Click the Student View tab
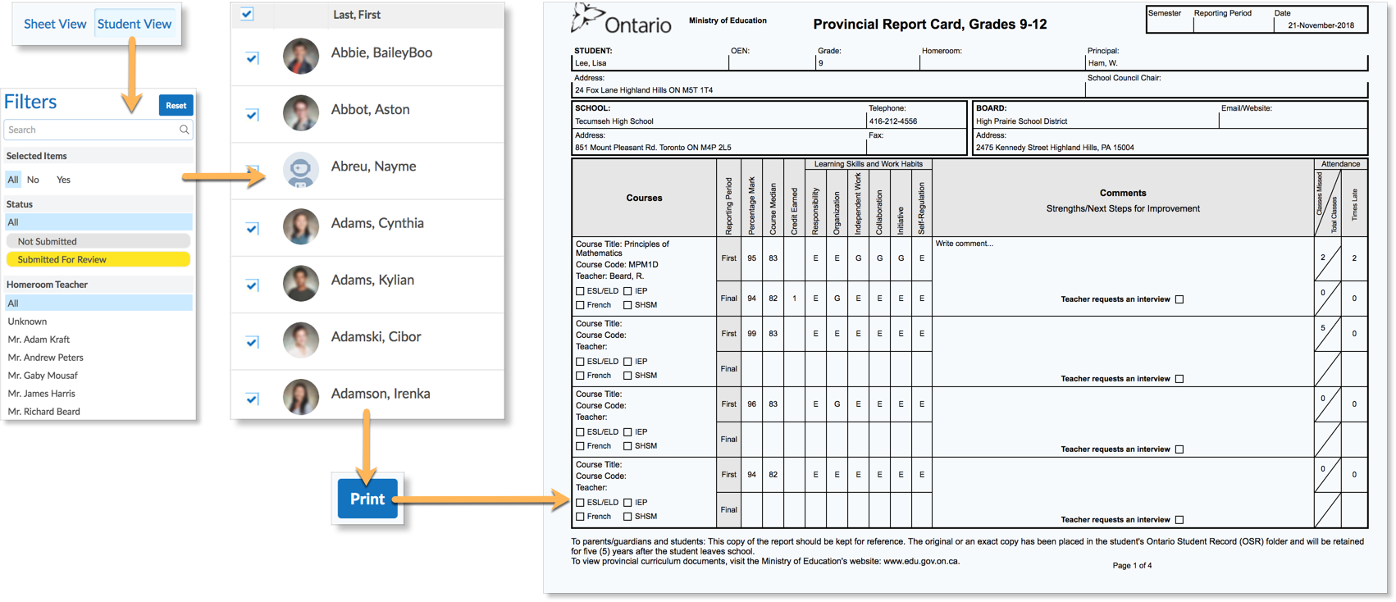tap(135, 24)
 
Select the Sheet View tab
tap(55, 24)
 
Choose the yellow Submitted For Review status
tap(98, 259)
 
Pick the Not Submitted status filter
tap(98, 241)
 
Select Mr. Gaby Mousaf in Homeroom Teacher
tap(43, 376)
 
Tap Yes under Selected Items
tap(63, 180)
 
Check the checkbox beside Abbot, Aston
tap(252, 115)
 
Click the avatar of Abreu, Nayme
tap(300, 170)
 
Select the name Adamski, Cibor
tap(376, 337)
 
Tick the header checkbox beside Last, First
tap(247, 14)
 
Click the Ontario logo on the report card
tap(621, 21)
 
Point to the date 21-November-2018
tap(1321, 25)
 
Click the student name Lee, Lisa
tap(591, 63)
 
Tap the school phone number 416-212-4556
tap(893, 121)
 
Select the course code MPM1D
tap(643, 265)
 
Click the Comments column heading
tap(1123, 194)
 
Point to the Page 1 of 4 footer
tap(1132, 565)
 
